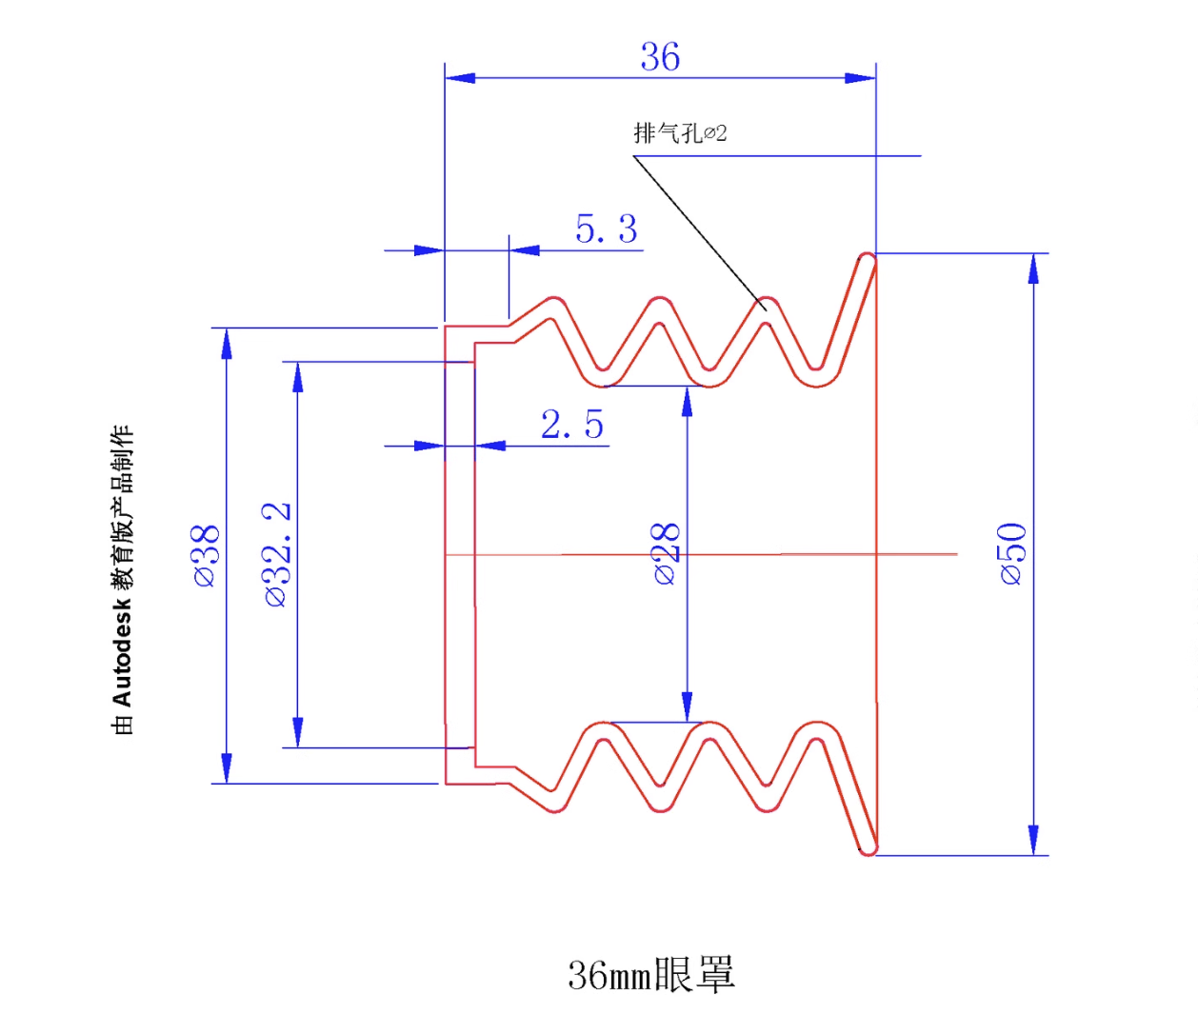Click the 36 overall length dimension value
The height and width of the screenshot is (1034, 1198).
660,57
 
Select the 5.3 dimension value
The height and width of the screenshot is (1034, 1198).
606,229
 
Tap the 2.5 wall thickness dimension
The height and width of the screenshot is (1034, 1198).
571,425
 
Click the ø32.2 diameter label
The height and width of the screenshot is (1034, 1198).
277,555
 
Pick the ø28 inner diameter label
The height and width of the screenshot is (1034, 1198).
667,553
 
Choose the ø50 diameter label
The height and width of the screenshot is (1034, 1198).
1013,553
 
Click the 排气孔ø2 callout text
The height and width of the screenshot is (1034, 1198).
680,133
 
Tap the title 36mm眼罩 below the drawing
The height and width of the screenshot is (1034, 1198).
651,975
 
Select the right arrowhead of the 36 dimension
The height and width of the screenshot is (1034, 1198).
861,78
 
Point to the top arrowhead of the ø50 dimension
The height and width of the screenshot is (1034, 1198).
1034,268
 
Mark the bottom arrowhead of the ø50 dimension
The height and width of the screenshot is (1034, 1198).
1034,840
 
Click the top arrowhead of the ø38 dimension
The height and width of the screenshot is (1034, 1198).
227,343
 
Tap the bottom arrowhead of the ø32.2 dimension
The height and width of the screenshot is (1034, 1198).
298,732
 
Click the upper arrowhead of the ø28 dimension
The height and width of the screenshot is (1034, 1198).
688,402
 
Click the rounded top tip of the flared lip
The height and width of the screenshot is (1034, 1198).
868,258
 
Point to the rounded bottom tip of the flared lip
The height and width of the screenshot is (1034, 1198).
868,848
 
